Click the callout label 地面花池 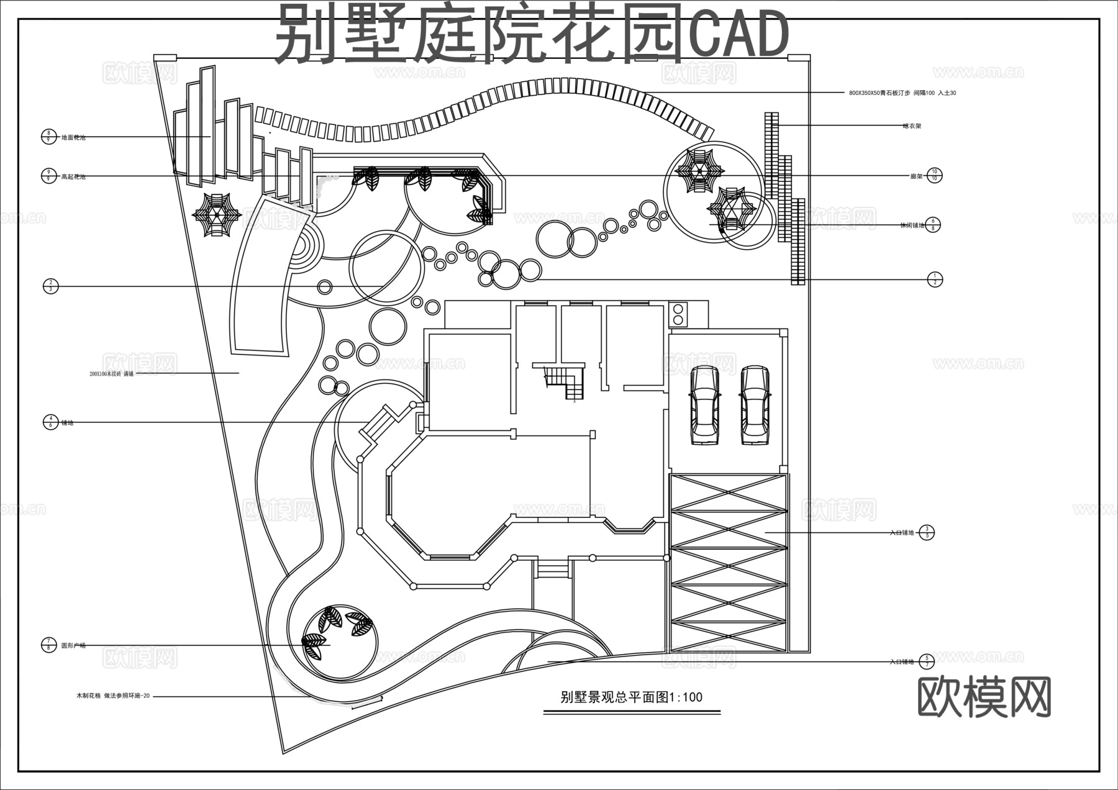pos(73,137)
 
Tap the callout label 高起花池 pos(73,177)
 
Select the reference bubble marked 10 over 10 pos(934,176)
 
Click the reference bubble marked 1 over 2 pos(934,279)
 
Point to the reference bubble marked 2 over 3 pos(51,286)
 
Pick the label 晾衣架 pos(912,126)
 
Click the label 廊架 pos(916,176)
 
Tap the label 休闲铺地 pos(912,225)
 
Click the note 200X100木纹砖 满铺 pos(112,374)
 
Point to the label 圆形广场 pos(73,646)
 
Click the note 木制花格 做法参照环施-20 pos(112,696)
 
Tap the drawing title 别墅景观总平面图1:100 pos(631,697)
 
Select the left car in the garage pos(705,405)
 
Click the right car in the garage pos(755,405)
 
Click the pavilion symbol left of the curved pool pos(216,215)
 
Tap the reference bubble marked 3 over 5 pos(926,532)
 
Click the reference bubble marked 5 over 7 pos(926,661)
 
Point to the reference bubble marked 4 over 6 pos(51,422)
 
